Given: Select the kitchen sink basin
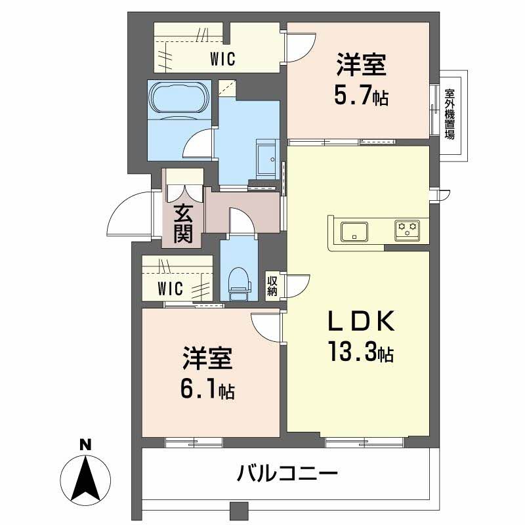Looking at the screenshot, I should point(354,232).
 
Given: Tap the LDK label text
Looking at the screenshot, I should point(360,323).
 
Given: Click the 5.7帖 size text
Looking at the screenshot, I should point(360,97).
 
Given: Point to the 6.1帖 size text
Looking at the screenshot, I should point(207,391).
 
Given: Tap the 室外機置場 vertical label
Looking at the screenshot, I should point(450,114).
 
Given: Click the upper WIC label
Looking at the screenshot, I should point(222,58).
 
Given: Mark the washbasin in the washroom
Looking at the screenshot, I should point(266,158).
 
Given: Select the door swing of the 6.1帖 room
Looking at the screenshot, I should point(266,324).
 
